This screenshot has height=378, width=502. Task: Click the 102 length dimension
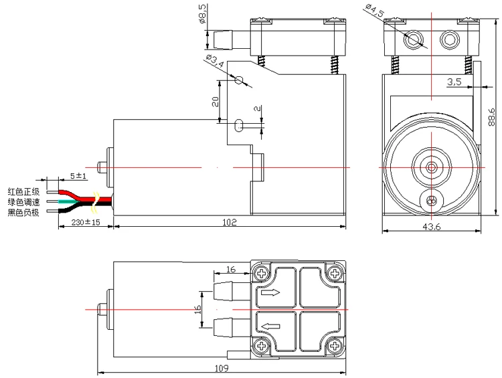230,223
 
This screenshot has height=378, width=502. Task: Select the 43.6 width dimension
432,227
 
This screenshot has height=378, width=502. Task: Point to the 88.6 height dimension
492,120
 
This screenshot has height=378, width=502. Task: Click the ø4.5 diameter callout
374,11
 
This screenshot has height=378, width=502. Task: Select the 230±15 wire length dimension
80,223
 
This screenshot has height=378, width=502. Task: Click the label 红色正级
23,192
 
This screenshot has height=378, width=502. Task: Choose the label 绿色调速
23,202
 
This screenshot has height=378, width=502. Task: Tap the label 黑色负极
23,213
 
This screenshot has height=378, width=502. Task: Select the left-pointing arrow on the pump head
271,326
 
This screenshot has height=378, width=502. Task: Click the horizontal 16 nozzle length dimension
231,270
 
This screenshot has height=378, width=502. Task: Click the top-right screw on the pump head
333,274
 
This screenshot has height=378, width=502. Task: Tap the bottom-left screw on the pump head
261,346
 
